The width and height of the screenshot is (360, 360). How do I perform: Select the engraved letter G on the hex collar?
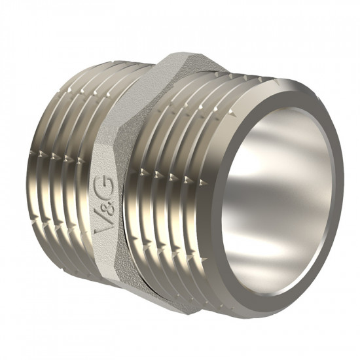click(x=103, y=185)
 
